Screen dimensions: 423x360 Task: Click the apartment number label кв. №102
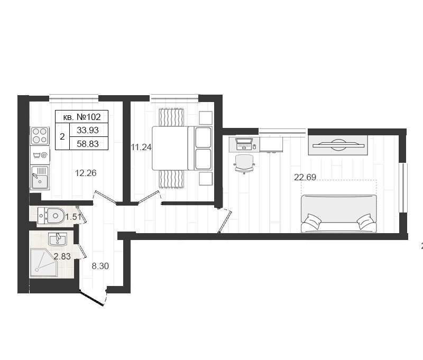[x=82, y=117]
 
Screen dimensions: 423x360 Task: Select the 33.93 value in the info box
[x=88, y=130]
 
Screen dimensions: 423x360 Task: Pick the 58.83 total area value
[x=88, y=144]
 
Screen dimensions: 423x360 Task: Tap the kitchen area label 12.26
[x=86, y=173]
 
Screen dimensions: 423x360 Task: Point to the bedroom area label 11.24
[x=141, y=147]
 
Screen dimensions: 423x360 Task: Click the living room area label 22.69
[x=305, y=177]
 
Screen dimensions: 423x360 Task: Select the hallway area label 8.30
[x=100, y=266]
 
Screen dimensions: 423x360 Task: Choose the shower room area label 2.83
[x=62, y=256]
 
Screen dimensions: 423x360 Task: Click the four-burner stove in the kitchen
[x=40, y=136]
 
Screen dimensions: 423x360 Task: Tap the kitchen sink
[x=40, y=178]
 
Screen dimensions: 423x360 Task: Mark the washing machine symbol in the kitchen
[x=40, y=155]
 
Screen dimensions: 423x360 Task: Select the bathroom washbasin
[x=57, y=239]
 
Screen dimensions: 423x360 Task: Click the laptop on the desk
[x=244, y=144]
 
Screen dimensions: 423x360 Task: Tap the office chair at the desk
[x=244, y=164]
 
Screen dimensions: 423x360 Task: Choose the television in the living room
[x=338, y=145]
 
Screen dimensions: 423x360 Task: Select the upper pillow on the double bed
[x=203, y=137]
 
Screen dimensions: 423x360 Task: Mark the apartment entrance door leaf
[x=91, y=298]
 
